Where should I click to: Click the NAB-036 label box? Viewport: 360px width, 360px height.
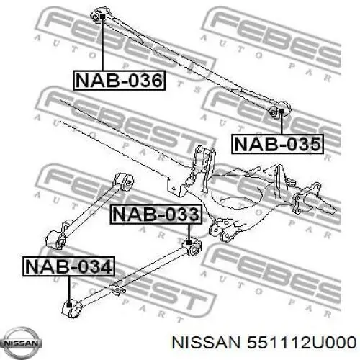click(119, 81)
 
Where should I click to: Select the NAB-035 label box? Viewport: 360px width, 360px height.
click(277, 144)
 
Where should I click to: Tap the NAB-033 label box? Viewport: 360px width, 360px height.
click(156, 215)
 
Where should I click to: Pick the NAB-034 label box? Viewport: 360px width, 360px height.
click(69, 266)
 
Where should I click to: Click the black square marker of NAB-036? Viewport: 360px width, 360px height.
click(102, 17)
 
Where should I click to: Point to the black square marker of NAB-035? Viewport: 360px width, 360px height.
click(282, 111)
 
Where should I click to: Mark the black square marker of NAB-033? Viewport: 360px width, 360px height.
click(189, 242)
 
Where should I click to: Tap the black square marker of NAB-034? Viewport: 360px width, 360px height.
click(69, 305)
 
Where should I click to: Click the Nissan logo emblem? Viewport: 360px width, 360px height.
click(21, 343)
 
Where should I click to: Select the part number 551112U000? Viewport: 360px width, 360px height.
click(302, 343)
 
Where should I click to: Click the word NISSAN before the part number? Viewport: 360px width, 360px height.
click(206, 343)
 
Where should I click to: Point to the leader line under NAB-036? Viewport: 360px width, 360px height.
click(102, 45)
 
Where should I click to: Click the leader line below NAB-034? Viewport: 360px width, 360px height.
click(69, 289)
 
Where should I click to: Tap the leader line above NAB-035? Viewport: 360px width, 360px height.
click(282, 124)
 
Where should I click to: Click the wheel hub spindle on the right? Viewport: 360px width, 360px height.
click(315, 200)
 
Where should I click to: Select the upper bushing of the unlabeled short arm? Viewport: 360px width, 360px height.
click(124, 182)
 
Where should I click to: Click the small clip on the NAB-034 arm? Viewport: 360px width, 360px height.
click(117, 290)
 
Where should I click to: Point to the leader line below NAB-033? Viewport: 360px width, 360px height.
click(189, 232)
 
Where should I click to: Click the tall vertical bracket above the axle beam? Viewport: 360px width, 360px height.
click(203, 168)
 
